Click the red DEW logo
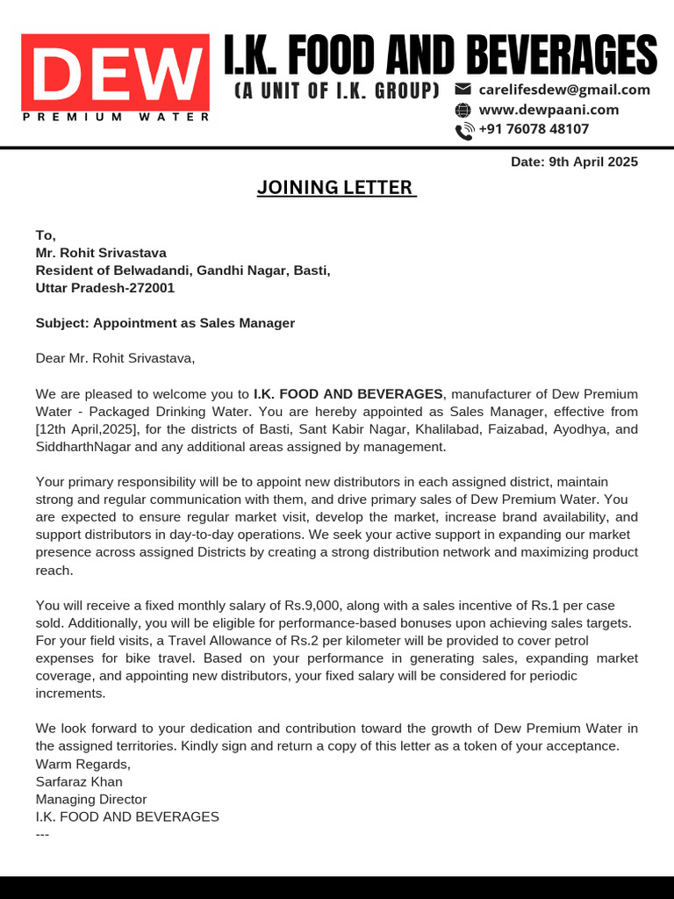click(x=115, y=71)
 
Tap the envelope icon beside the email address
click(x=463, y=90)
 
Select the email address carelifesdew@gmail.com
click(x=563, y=90)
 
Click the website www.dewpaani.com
click(x=549, y=110)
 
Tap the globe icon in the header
click(x=463, y=110)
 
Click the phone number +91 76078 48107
click(x=533, y=129)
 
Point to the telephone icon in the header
click(x=463, y=131)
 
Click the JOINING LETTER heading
click(x=336, y=187)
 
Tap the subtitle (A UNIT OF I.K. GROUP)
click(x=337, y=90)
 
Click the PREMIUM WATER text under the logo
click(x=115, y=117)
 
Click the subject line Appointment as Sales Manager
click(x=165, y=323)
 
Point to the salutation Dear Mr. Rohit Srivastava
click(x=115, y=358)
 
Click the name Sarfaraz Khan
click(x=79, y=781)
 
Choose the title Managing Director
click(x=90, y=799)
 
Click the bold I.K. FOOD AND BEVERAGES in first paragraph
click(x=348, y=394)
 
